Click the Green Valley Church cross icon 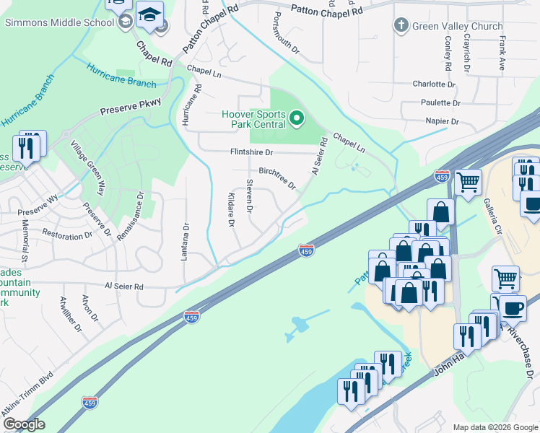pos(401,26)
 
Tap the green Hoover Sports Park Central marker pos(296,117)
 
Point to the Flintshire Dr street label pos(251,153)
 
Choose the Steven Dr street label pos(249,196)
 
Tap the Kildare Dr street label pos(232,210)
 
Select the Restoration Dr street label pos(69,235)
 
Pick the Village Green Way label pos(87,167)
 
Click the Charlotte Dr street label pos(433,84)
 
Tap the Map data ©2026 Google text pos(495,427)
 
